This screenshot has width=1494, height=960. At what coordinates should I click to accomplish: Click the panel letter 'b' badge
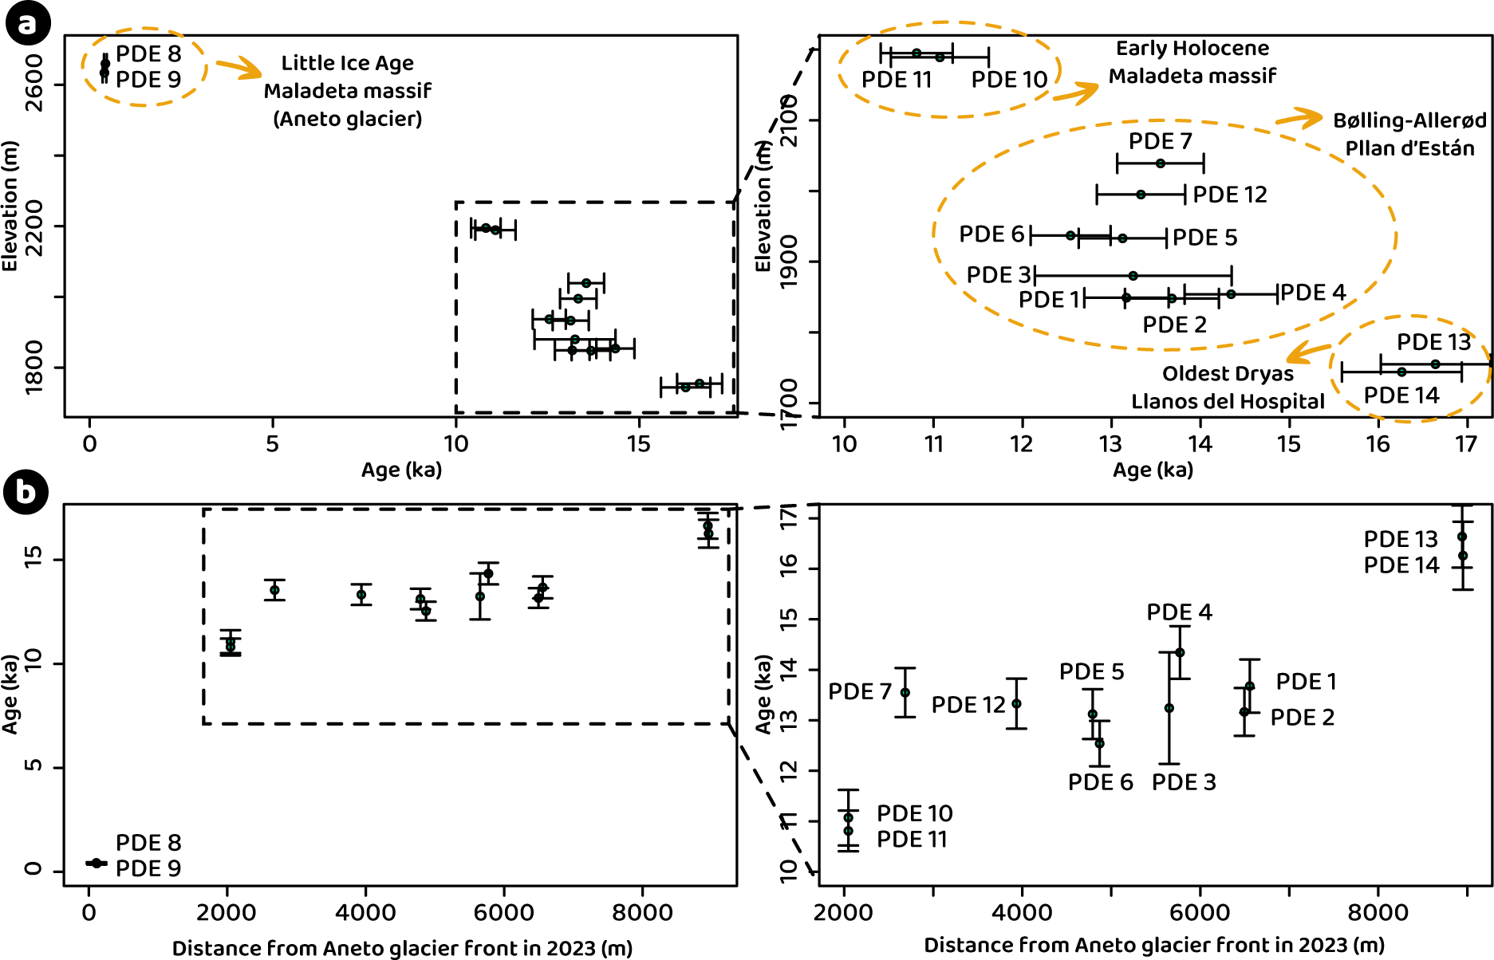(x=26, y=491)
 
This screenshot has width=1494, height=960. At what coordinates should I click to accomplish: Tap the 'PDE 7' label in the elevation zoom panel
(x=1160, y=141)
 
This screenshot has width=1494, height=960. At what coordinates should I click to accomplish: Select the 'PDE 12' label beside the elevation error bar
(x=1230, y=195)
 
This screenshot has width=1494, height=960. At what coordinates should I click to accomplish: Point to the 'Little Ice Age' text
(x=348, y=63)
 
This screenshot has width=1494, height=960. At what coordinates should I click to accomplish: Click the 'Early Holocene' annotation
(x=1192, y=49)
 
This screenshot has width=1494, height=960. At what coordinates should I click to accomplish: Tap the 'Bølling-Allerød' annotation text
(x=1409, y=120)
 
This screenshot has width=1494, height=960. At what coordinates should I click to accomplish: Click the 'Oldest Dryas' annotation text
(x=1228, y=373)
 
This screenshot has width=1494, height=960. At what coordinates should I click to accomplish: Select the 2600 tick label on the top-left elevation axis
(x=34, y=83)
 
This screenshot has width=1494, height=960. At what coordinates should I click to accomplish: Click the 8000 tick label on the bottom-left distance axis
(x=642, y=912)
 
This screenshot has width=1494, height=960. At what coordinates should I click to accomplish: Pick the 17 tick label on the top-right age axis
(x=1466, y=444)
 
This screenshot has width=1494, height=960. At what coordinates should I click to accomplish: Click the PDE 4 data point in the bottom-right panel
(x=1180, y=652)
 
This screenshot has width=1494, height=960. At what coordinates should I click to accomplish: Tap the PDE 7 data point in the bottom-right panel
(x=905, y=692)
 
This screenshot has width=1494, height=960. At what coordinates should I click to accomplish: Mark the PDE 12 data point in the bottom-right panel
(x=1016, y=703)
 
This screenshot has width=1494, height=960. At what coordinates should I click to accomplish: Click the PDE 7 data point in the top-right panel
(x=1161, y=163)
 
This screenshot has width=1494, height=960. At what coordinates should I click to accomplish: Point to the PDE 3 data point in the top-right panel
(x=1133, y=276)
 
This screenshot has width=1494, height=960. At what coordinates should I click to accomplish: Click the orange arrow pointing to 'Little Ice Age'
(x=238, y=68)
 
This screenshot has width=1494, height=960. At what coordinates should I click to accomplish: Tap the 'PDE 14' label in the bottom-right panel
(x=1401, y=565)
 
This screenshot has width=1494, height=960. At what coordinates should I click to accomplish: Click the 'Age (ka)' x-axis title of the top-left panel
(x=401, y=470)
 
